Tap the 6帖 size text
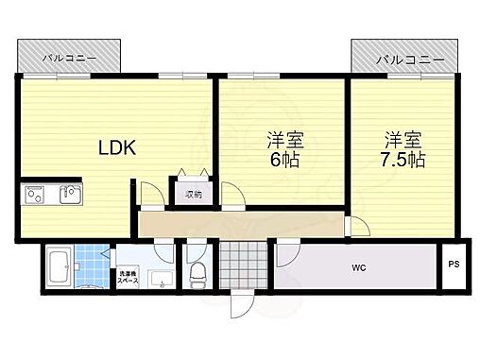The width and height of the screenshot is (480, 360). [x=282, y=160]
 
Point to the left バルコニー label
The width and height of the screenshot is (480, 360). [x=68, y=59]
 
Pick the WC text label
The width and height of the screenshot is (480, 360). [x=360, y=268]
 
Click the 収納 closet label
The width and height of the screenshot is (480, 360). [x=193, y=195]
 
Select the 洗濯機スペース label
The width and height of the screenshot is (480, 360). [x=128, y=256]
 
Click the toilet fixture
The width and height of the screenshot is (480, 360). [x=197, y=273]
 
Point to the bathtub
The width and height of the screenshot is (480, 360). [x=57, y=267]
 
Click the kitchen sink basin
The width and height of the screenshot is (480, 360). [x=69, y=196]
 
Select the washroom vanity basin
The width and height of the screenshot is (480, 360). [x=158, y=280]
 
